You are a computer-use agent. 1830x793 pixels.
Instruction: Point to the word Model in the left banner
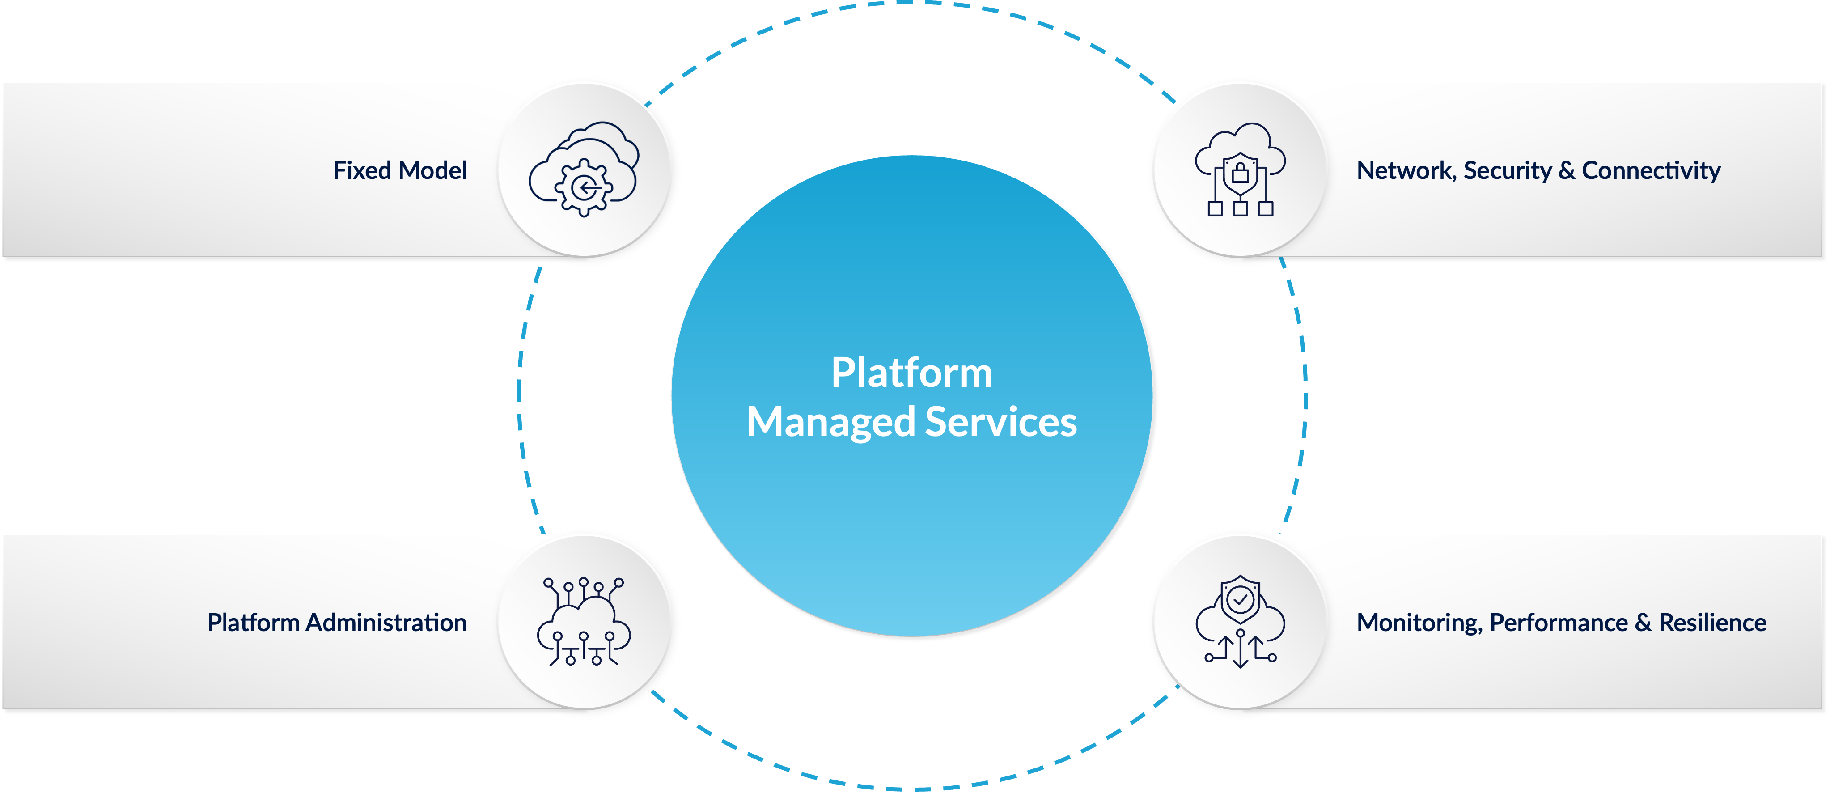pos(432,170)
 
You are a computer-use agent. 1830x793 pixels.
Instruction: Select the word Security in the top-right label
pos(1508,170)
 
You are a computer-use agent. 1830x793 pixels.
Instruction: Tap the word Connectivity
pos(1651,170)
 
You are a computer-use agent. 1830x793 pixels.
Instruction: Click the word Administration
pos(386,623)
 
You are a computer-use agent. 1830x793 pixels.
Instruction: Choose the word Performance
pos(1559,623)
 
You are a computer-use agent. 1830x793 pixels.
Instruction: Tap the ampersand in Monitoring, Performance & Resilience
pos(1643,623)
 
